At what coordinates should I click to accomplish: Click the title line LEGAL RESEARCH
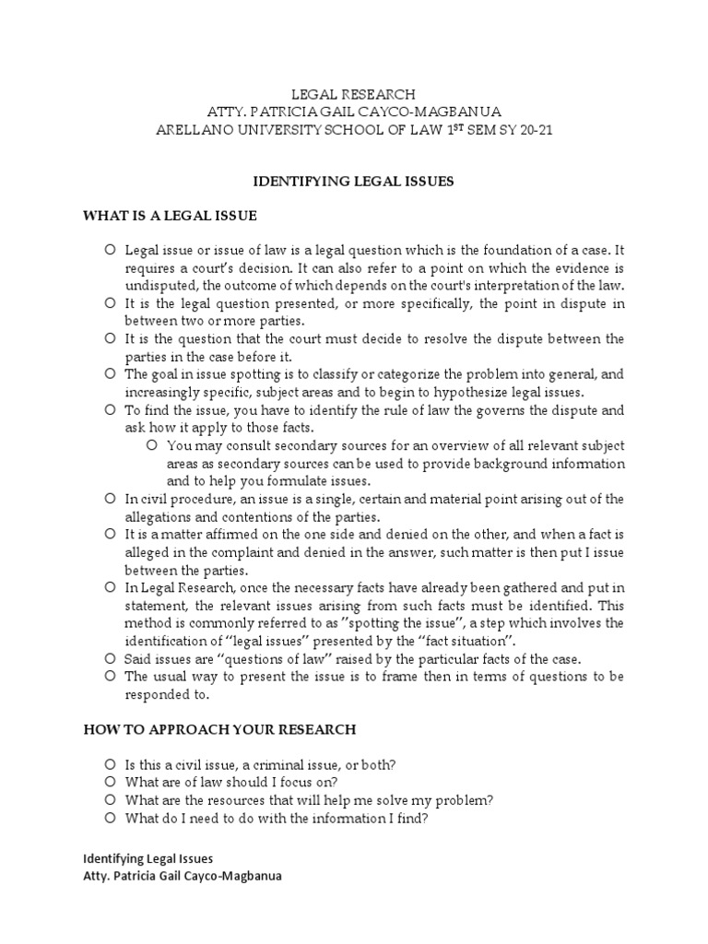[x=353, y=94]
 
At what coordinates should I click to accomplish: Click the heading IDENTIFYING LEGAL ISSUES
[x=353, y=182]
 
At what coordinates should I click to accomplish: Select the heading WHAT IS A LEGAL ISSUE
[x=170, y=216]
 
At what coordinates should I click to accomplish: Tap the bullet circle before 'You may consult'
[x=153, y=445]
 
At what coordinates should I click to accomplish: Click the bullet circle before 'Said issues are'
[x=109, y=658]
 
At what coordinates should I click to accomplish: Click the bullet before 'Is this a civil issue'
[x=109, y=764]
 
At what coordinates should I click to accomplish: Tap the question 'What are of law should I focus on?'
[x=233, y=782]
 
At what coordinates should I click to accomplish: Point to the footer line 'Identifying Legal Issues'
[x=148, y=858]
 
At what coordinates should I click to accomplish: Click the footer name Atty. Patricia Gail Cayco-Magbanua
[x=183, y=876]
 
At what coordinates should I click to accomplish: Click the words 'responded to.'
[x=162, y=693]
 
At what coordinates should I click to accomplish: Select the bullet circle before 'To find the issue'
[x=109, y=410]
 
